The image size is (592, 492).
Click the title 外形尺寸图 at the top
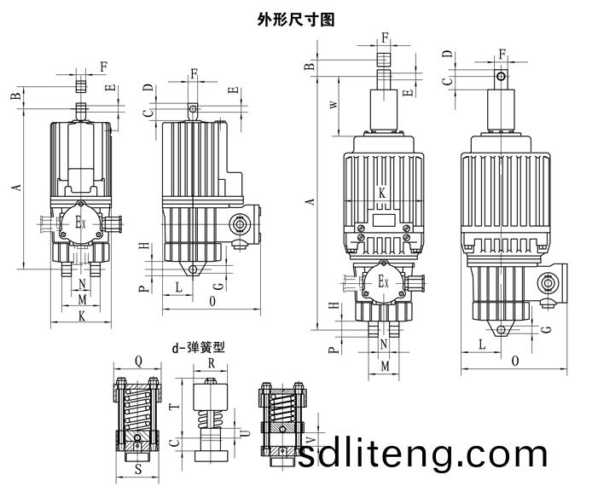point(296,20)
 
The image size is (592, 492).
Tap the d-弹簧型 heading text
point(199,347)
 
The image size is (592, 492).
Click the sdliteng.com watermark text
point(422,455)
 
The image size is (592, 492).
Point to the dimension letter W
point(334,105)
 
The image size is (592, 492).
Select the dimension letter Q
point(138,362)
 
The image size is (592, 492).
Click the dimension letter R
point(212,363)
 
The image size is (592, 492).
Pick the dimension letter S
point(138,469)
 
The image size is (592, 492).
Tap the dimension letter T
point(174,407)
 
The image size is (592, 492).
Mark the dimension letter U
point(246,432)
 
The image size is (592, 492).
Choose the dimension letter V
point(311,440)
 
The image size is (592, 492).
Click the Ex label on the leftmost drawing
point(80,223)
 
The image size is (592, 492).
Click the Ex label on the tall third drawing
point(383,281)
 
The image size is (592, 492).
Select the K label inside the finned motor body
point(382,194)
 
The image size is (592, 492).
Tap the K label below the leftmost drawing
point(82,316)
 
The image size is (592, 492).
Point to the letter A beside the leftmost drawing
point(17,187)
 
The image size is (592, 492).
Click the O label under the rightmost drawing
point(515,362)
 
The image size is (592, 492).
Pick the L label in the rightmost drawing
point(482,344)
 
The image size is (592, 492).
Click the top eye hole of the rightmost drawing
point(501,77)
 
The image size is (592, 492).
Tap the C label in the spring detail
point(174,443)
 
